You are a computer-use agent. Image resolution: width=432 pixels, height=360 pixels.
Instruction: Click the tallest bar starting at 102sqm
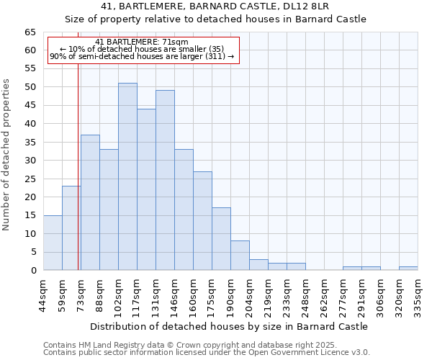click(x=127, y=176)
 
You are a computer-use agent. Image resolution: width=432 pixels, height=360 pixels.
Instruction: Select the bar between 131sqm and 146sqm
click(x=165, y=180)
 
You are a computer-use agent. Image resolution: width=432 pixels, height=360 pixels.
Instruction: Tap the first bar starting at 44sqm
click(x=53, y=243)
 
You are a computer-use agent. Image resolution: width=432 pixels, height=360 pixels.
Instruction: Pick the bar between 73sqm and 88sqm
click(x=90, y=202)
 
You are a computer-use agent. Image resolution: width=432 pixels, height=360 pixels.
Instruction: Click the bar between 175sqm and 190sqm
click(x=221, y=239)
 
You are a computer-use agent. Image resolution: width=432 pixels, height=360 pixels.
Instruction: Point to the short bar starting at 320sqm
click(x=408, y=268)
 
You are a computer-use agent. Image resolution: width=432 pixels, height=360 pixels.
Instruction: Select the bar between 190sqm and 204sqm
click(x=240, y=256)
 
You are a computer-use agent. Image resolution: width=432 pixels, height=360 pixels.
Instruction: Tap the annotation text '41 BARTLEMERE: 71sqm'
click(x=142, y=42)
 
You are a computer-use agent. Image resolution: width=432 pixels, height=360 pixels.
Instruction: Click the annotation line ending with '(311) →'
click(x=142, y=56)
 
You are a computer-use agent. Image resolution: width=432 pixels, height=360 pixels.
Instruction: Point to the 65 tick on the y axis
click(x=30, y=32)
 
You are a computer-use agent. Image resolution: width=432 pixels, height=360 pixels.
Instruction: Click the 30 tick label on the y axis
click(x=30, y=161)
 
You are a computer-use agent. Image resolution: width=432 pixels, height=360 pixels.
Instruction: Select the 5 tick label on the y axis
click(x=33, y=252)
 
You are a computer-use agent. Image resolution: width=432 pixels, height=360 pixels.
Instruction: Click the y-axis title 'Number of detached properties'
click(x=7, y=155)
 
